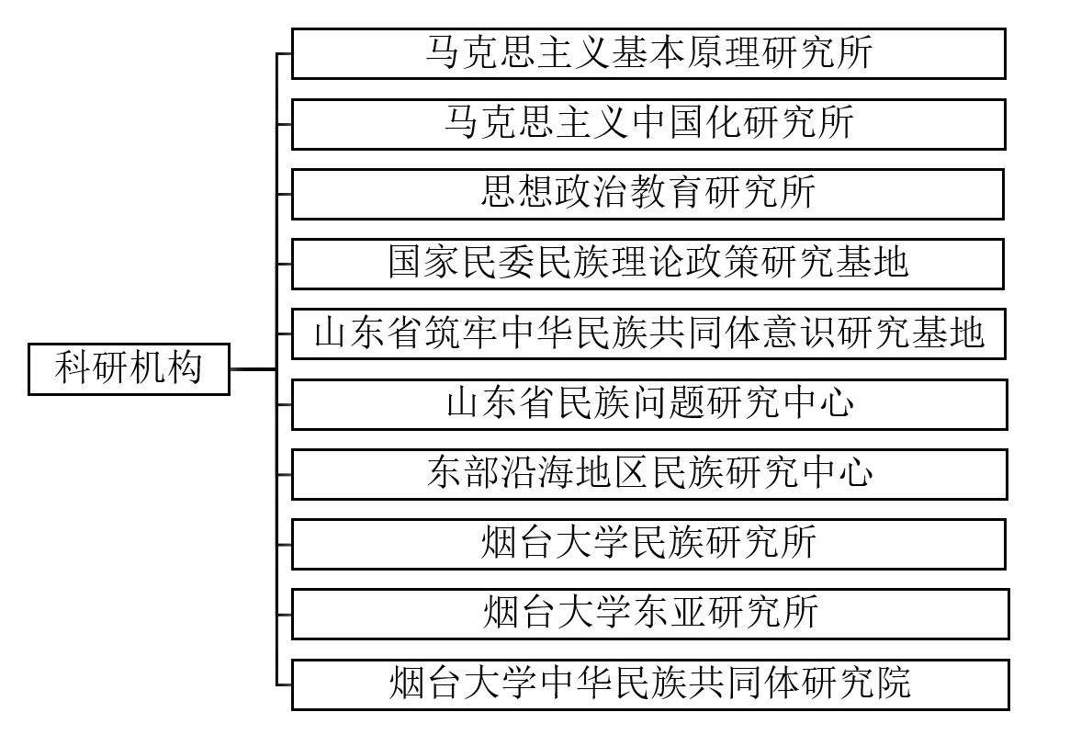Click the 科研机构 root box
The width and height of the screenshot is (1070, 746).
pyautogui.click(x=129, y=369)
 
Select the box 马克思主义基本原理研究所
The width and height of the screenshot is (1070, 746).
pyautogui.click(x=648, y=54)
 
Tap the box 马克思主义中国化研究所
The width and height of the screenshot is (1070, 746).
pyautogui.click(x=648, y=124)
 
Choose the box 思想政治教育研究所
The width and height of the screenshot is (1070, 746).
pyautogui.click(x=648, y=195)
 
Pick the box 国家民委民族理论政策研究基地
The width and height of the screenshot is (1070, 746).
pyautogui.click(x=648, y=265)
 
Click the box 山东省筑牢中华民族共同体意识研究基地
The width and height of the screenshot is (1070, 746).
pyautogui.click(x=648, y=333)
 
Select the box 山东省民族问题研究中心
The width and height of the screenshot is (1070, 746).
pyautogui.click(x=649, y=405)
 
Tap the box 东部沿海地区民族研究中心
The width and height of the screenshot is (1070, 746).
pyautogui.click(x=649, y=474)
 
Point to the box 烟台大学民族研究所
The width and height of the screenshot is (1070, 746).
pyautogui.click(x=648, y=545)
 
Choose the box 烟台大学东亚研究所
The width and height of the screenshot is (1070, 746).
pyautogui.click(x=650, y=615)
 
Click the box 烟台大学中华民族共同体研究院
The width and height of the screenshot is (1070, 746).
pyautogui.click(x=650, y=684)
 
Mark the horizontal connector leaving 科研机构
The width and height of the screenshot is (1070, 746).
pyautogui.click(x=253, y=369)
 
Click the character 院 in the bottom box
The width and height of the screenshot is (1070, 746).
pyautogui.click(x=893, y=683)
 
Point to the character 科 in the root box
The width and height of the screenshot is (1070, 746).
pyautogui.click(x=73, y=367)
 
